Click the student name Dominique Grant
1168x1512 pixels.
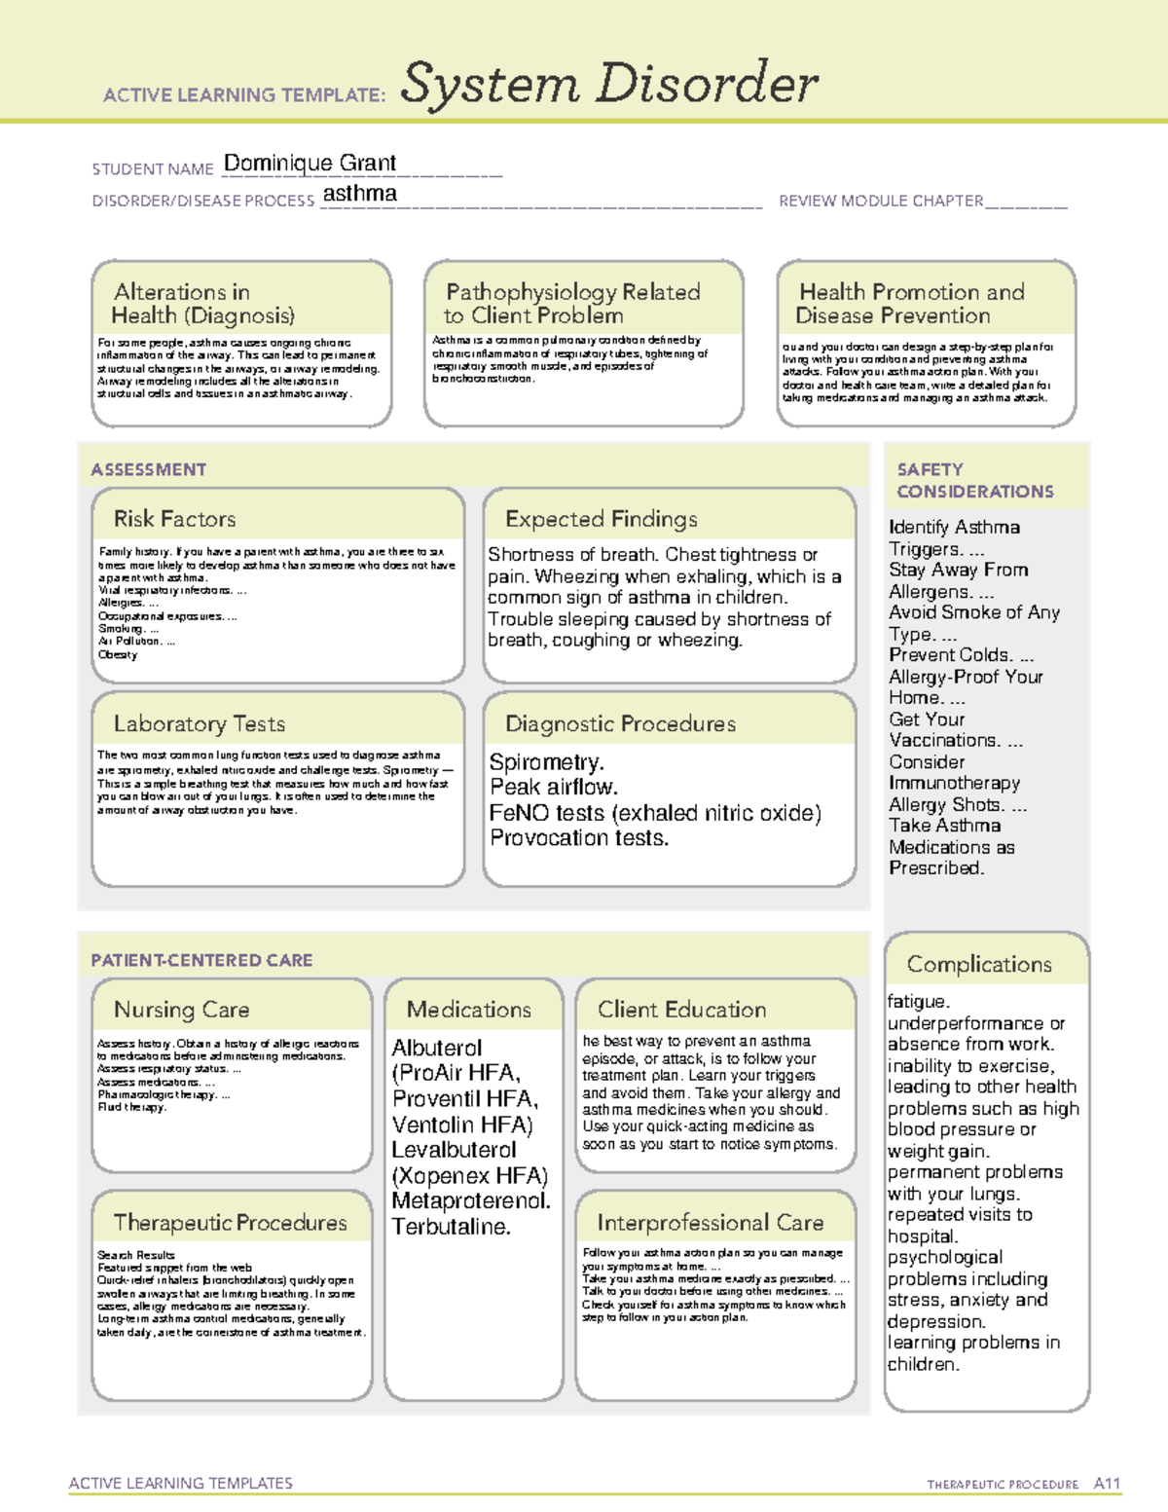[x=310, y=163]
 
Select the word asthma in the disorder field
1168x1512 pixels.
[x=359, y=194]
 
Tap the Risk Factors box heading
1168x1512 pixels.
[x=174, y=519]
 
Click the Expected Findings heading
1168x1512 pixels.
[x=601, y=519]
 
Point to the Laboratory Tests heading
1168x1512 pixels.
[x=199, y=723]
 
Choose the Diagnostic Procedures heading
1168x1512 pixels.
[x=620, y=723]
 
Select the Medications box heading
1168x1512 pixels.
[x=468, y=1010]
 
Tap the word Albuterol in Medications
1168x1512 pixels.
[x=436, y=1048]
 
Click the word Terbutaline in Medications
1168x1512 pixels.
[x=451, y=1227]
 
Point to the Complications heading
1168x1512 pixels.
[x=979, y=964]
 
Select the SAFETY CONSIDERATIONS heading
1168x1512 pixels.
[x=974, y=480]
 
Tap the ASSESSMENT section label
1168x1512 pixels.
[x=148, y=469]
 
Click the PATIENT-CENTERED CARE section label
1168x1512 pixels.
[x=201, y=960]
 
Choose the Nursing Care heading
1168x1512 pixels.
[x=181, y=1010]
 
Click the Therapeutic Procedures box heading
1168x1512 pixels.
[x=230, y=1222]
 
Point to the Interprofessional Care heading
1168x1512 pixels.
[x=710, y=1222]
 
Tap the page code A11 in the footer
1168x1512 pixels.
[x=1107, y=1483]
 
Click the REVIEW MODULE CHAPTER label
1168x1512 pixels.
[x=881, y=201]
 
